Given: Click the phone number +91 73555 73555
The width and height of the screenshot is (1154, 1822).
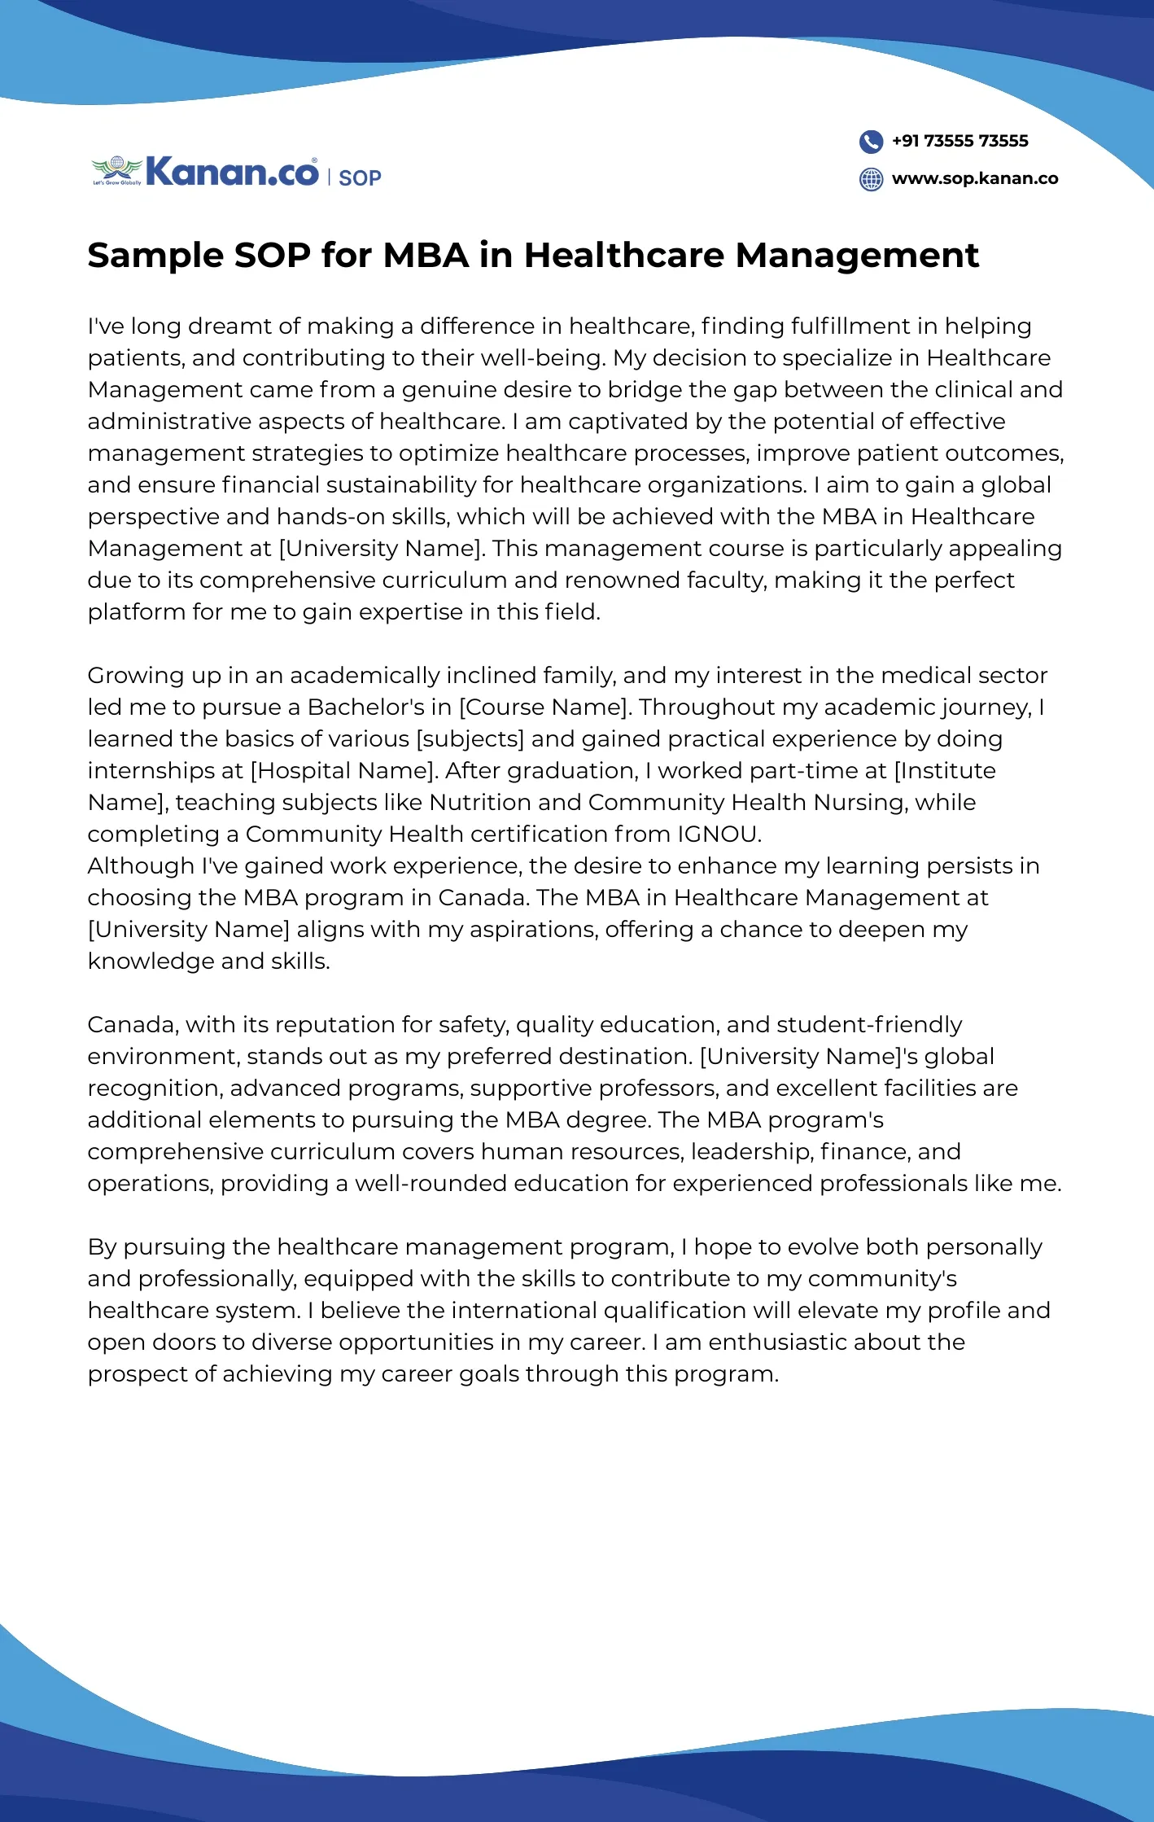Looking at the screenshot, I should pyautogui.click(x=959, y=141).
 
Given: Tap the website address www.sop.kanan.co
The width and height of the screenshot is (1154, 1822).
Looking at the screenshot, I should pyautogui.click(x=975, y=178).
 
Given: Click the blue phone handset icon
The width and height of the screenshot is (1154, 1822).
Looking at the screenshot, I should pyautogui.click(x=871, y=142).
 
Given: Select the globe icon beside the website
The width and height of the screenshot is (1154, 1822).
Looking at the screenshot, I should pyautogui.click(x=871, y=179).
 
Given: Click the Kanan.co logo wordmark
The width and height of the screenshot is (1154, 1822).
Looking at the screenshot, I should pyautogui.click(x=232, y=173).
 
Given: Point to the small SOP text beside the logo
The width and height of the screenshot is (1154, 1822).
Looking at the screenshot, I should pyautogui.click(x=360, y=178).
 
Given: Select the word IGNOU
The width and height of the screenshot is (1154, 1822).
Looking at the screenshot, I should pyautogui.click(x=719, y=834).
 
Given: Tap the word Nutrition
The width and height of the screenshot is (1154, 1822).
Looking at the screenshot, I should pyautogui.click(x=479, y=803).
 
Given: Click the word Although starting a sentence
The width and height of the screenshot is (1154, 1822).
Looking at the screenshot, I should pyautogui.click(x=141, y=866).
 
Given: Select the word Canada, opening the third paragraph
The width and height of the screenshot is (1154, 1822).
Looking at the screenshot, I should pyautogui.click(x=133, y=1025).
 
